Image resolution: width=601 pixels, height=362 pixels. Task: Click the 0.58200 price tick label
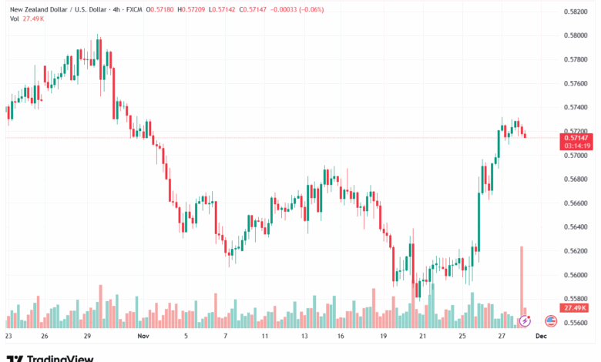click(576, 11)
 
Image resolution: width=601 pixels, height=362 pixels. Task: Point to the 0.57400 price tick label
click(576, 107)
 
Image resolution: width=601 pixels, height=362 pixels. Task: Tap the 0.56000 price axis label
click(576, 275)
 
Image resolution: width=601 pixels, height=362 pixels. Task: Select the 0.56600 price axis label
click(576, 203)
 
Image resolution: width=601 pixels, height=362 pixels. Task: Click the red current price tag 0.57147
click(576, 137)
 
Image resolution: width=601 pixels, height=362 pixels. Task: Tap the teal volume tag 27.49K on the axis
click(576, 308)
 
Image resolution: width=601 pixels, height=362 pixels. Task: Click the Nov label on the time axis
click(142, 337)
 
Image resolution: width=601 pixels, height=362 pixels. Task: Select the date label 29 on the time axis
click(88, 337)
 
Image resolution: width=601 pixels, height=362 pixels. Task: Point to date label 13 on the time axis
click(304, 337)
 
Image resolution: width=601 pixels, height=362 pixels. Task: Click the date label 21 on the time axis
click(423, 337)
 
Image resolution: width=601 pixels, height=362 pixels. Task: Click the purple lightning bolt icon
click(526, 320)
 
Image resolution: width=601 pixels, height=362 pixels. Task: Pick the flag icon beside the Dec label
click(551, 320)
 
